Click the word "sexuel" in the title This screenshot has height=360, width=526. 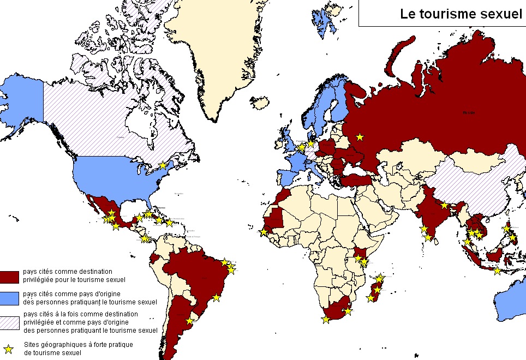click(499, 15)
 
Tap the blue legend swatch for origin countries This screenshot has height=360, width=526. click(10, 298)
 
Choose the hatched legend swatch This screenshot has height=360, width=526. click(10, 322)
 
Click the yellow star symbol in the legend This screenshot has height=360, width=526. click(8, 349)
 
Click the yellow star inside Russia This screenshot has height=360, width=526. click(360, 137)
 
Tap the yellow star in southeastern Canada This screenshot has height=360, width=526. click(163, 165)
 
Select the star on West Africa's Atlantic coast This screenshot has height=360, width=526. click(264, 232)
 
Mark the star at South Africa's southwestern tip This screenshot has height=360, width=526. click(326, 320)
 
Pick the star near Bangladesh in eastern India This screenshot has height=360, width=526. click(445, 205)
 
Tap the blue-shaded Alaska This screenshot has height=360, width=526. click(22, 104)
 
